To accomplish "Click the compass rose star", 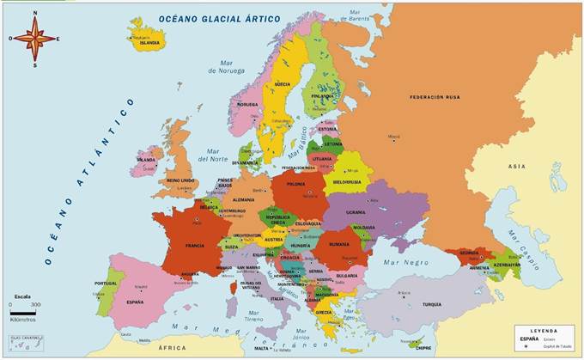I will [x=34, y=39].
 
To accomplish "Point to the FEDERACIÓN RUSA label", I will [x=434, y=97].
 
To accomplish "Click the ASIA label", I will [x=516, y=166].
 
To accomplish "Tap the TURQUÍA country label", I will [x=431, y=304].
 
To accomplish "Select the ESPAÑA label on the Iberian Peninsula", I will [x=134, y=302].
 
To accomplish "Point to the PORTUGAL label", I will [x=106, y=283].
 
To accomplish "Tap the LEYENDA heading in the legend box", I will [x=543, y=330].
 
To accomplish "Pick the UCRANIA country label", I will [x=379, y=211].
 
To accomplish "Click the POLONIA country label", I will [x=295, y=183].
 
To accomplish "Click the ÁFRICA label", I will [x=172, y=348].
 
